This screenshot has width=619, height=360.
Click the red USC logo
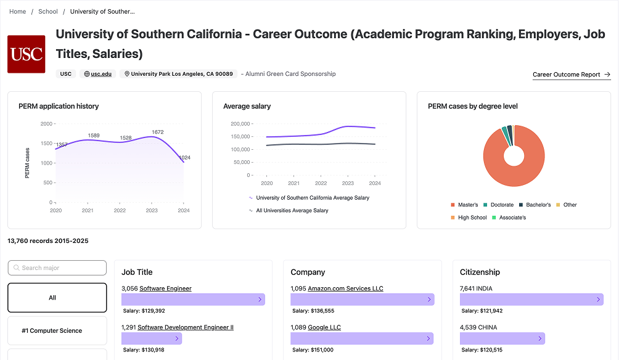tap(26, 54)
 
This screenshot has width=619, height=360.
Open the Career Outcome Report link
tap(571, 75)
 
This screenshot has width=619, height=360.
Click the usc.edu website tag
tap(99, 74)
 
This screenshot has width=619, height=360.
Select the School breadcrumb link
tap(48, 11)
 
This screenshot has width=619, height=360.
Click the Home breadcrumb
tap(18, 11)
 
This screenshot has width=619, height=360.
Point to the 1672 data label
tap(157, 132)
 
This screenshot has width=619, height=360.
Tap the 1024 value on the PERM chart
tap(184, 158)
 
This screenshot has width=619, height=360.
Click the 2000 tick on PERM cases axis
tap(46, 124)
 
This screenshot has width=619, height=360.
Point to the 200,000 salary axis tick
tap(239, 124)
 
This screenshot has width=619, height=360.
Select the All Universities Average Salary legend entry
tap(292, 211)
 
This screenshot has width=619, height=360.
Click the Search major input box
tap(57, 268)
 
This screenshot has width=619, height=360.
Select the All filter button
tap(57, 298)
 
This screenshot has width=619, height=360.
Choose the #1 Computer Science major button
tap(57, 331)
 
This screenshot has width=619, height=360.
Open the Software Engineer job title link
tap(165, 288)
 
